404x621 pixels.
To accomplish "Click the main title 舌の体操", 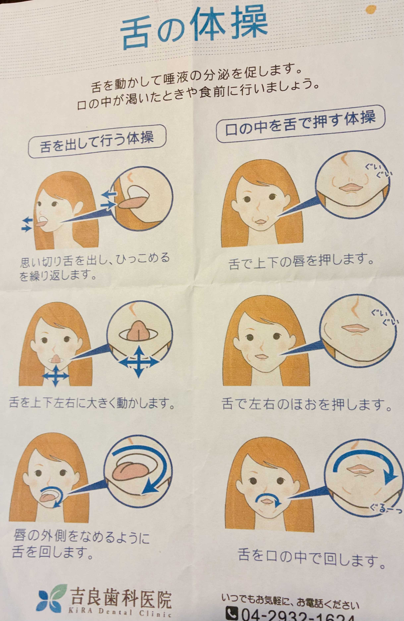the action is coord(194,28).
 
